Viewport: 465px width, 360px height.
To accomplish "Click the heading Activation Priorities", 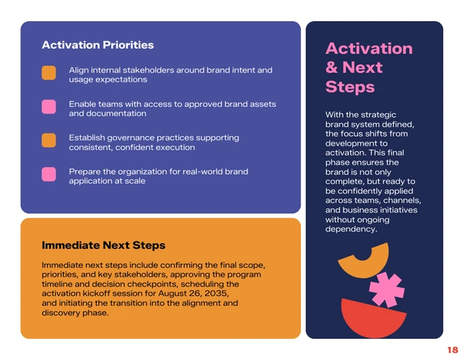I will click(97, 45).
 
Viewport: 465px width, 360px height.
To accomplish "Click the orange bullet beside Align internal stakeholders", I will click(49, 73).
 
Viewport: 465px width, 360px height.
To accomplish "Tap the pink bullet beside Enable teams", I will click(49, 107).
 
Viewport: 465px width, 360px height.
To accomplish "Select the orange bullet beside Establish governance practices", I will click(49, 140).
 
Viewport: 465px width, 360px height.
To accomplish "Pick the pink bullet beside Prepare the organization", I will click(49, 175).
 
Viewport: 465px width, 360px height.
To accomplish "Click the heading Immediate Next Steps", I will click(103, 245).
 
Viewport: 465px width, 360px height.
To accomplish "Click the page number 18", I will click(452, 350).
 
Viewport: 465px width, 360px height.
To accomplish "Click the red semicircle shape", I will click(373, 320).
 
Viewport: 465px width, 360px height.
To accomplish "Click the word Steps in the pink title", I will click(349, 87).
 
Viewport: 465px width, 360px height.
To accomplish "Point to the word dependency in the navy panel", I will click(351, 229).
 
